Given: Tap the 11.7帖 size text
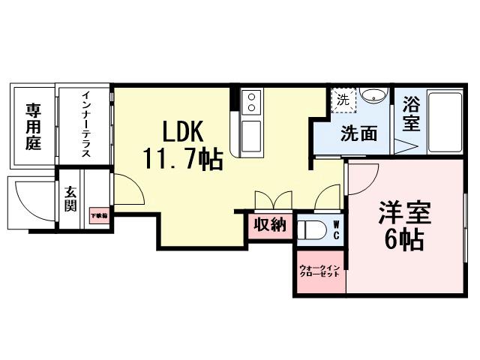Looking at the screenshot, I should pos(182,159).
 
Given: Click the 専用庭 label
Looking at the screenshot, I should pos(33,126).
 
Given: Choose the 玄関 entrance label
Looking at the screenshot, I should pos(70,199).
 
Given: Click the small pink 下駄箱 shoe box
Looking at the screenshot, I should pos(99,216).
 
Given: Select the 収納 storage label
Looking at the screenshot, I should pos(269,225).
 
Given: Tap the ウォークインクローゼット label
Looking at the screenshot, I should pos(319,271).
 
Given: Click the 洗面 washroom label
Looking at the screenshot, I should pos(358,134).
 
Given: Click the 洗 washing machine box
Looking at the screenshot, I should pos(343,98).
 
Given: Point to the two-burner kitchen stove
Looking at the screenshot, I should pos(251,99).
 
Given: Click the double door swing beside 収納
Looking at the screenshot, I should pos(273,200).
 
